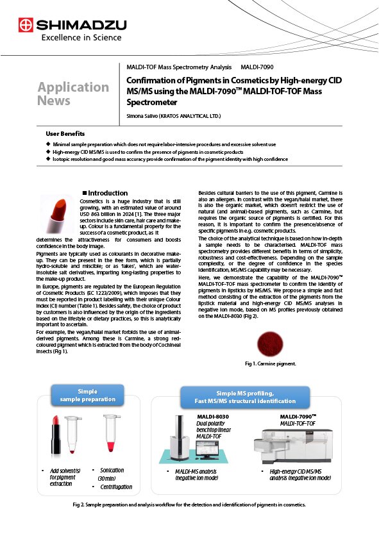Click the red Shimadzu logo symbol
tap(26, 26)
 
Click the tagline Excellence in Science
tap(71, 38)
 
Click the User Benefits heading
tap(65, 133)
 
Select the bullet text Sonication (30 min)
tap(111, 474)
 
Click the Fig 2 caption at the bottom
tap(189, 505)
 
